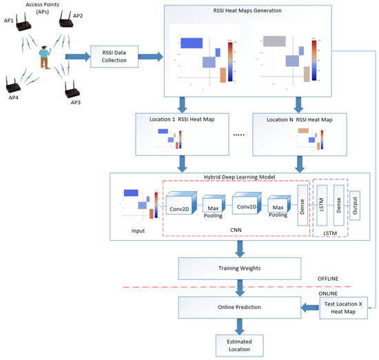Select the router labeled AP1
tap(23, 28)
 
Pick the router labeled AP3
tap(69, 88)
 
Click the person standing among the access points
tap(45, 57)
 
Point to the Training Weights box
tap(239, 267)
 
